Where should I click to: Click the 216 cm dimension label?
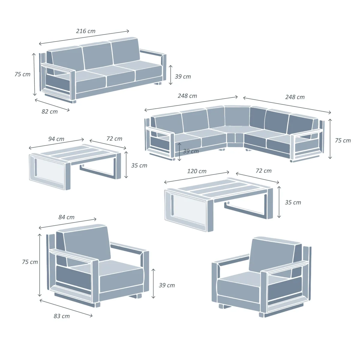86,31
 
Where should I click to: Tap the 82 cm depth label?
49,112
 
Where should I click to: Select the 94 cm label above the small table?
56,139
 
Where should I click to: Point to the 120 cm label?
197,171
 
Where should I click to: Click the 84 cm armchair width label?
66,217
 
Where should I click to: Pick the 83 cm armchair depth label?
62,316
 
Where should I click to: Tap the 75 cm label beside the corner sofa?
343,140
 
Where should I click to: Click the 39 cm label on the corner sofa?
190,151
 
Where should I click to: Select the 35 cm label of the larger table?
293,202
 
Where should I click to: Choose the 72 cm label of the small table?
114,139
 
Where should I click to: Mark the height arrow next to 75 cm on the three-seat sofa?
34,74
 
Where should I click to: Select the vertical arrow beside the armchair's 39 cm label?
153,283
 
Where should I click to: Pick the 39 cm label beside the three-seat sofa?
183,76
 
